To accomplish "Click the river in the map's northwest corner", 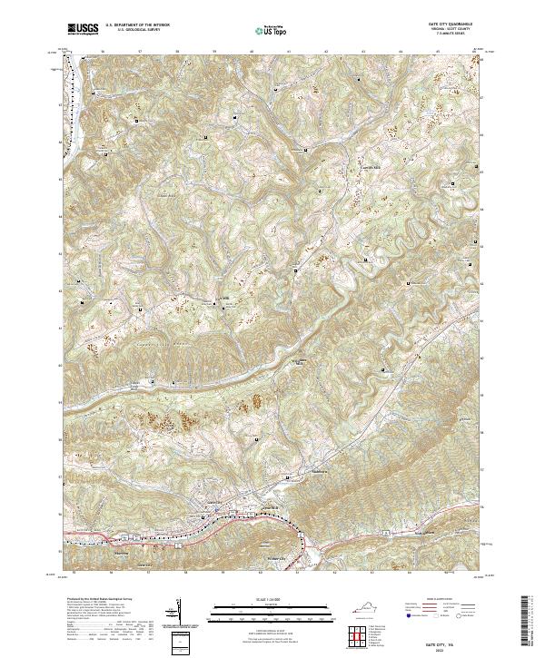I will click(73, 91).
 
